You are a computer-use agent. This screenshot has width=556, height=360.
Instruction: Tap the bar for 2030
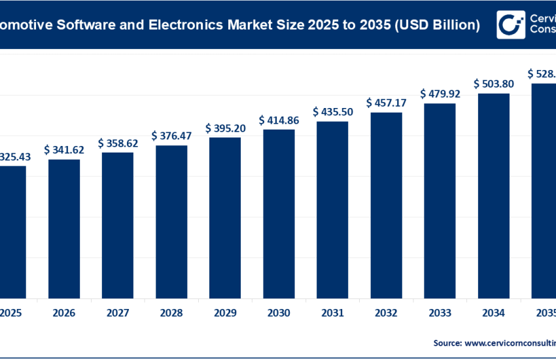[279, 213]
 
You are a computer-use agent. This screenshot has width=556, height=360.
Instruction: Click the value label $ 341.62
[64, 150]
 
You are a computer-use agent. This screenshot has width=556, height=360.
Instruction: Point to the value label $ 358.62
[118, 143]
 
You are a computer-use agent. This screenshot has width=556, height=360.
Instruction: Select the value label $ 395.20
[225, 127]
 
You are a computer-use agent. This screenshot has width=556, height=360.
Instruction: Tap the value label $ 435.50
[332, 112]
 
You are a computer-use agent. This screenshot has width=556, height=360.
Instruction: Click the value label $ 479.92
[440, 94]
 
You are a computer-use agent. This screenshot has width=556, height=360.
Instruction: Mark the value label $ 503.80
[493, 84]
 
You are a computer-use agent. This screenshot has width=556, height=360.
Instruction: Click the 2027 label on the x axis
[118, 314]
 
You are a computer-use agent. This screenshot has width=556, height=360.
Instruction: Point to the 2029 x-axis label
[225, 314]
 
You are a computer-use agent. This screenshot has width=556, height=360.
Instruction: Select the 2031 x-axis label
[332, 314]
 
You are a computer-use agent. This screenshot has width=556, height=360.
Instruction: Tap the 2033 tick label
[440, 314]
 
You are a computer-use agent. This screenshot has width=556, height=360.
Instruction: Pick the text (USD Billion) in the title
[428, 26]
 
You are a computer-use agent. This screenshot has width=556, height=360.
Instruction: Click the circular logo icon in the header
[510, 25]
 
